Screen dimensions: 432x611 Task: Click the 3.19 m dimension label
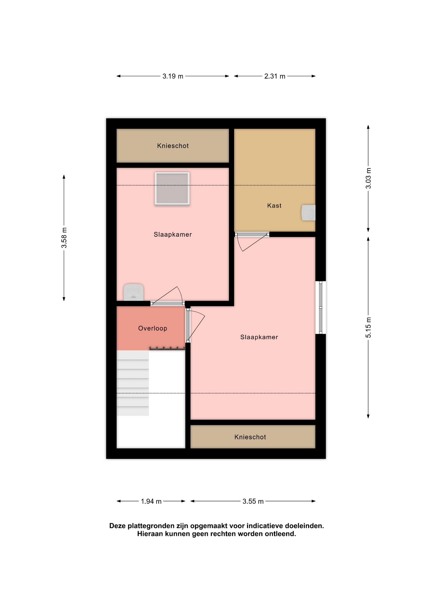173,76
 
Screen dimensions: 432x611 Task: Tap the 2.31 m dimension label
275,76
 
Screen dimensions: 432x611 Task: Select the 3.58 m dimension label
64,238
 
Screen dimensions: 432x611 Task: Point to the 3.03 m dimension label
368,178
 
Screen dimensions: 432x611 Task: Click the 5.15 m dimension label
368,327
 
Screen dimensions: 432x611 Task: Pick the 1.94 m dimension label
151,502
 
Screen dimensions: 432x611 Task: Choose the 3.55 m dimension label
253,502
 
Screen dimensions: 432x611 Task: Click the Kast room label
274,206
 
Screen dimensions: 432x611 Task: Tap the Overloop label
153,328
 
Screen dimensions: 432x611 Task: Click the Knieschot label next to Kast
173,146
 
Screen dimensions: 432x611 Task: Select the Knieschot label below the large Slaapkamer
250,437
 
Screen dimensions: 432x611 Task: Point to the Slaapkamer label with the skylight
173,235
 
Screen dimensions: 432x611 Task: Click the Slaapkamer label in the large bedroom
259,337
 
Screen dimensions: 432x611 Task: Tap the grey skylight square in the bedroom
172,188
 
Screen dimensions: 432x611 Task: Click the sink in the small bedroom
133,292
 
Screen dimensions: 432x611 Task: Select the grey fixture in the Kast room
308,213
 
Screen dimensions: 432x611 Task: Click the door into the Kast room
252,235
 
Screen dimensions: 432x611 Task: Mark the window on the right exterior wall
321,307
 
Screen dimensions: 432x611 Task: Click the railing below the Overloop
167,349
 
